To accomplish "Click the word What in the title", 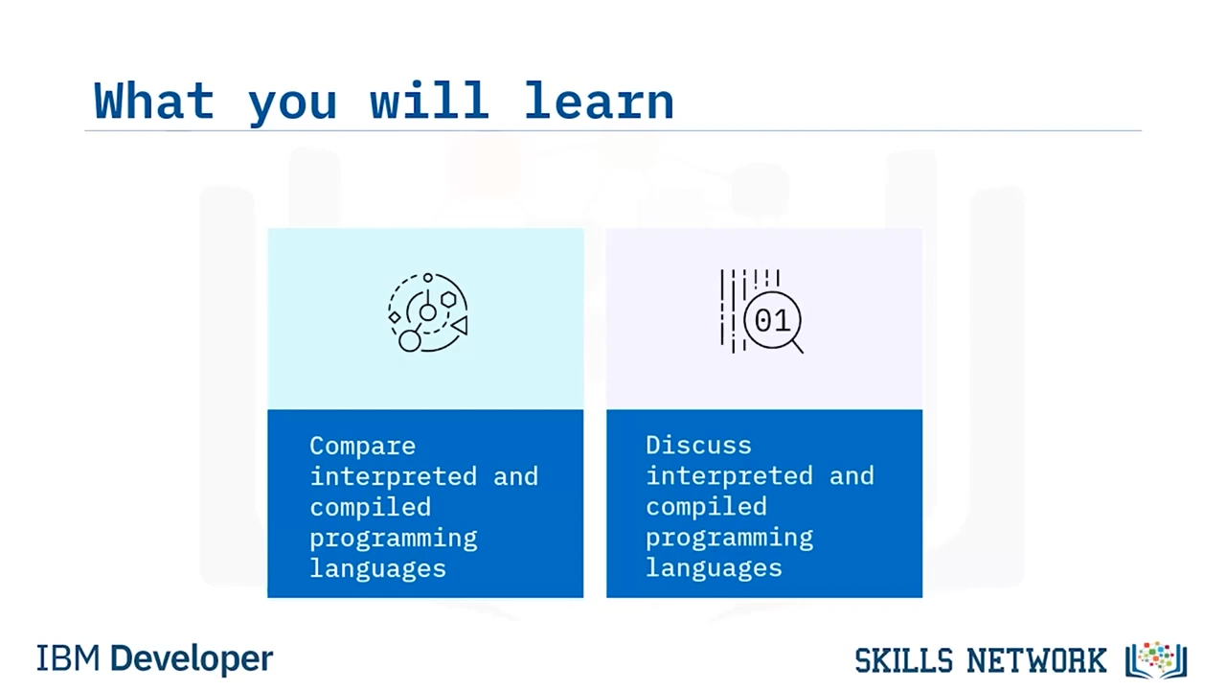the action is click(154, 101).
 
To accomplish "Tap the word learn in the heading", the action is click(599, 101).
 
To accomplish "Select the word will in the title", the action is click(429, 101).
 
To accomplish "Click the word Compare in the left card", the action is click(362, 447).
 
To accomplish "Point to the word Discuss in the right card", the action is click(698, 446).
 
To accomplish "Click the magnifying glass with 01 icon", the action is click(761, 311).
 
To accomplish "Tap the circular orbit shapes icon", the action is click(428, 312).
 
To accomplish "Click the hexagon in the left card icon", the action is click(449, 300).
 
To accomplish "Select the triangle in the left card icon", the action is click(460, 325).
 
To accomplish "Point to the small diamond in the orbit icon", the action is click(394, 317).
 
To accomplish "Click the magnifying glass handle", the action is click(798, 347).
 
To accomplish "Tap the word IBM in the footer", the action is click(68, 658).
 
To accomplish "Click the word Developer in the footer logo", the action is click(192, 659).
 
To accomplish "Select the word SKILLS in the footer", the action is click(903, 660).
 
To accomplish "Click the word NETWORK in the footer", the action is click(1036, 660).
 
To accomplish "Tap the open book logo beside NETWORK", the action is click(1156, 660).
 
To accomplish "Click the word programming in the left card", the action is click(394, 539).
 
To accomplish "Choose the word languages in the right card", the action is click(714, 568).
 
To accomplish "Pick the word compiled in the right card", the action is click(706, 508).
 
